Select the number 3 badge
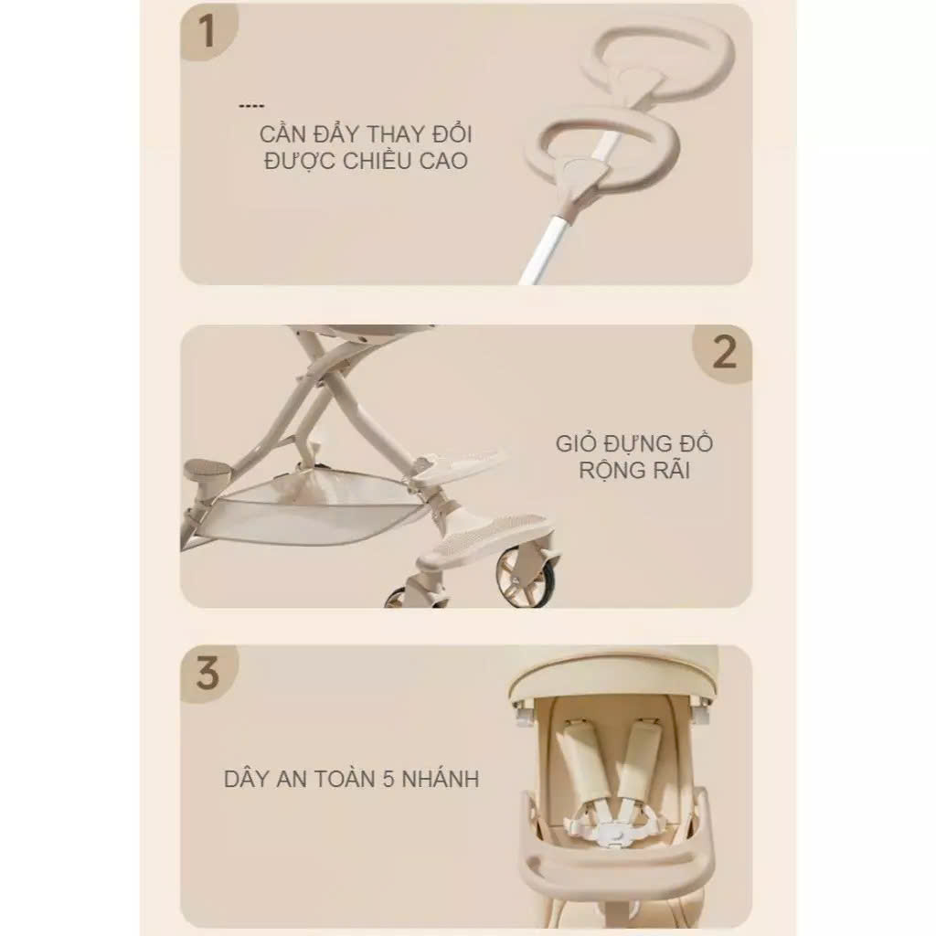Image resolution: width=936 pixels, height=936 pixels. (207, 674)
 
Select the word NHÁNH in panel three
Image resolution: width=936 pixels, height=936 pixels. (441, 779)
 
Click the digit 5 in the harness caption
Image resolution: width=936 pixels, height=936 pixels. (388, 779)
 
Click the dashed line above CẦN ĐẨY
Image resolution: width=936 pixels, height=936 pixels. (250, 106)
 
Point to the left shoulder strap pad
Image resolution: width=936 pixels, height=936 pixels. (578, 758)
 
